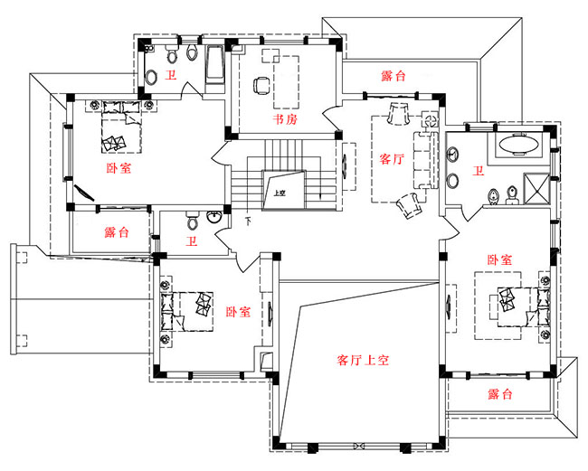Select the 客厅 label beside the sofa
point(391,160)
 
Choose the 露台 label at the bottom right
point(499,394)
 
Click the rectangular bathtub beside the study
point(215,67)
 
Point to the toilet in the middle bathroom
point(190,221)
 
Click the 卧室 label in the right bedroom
point(499,259)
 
